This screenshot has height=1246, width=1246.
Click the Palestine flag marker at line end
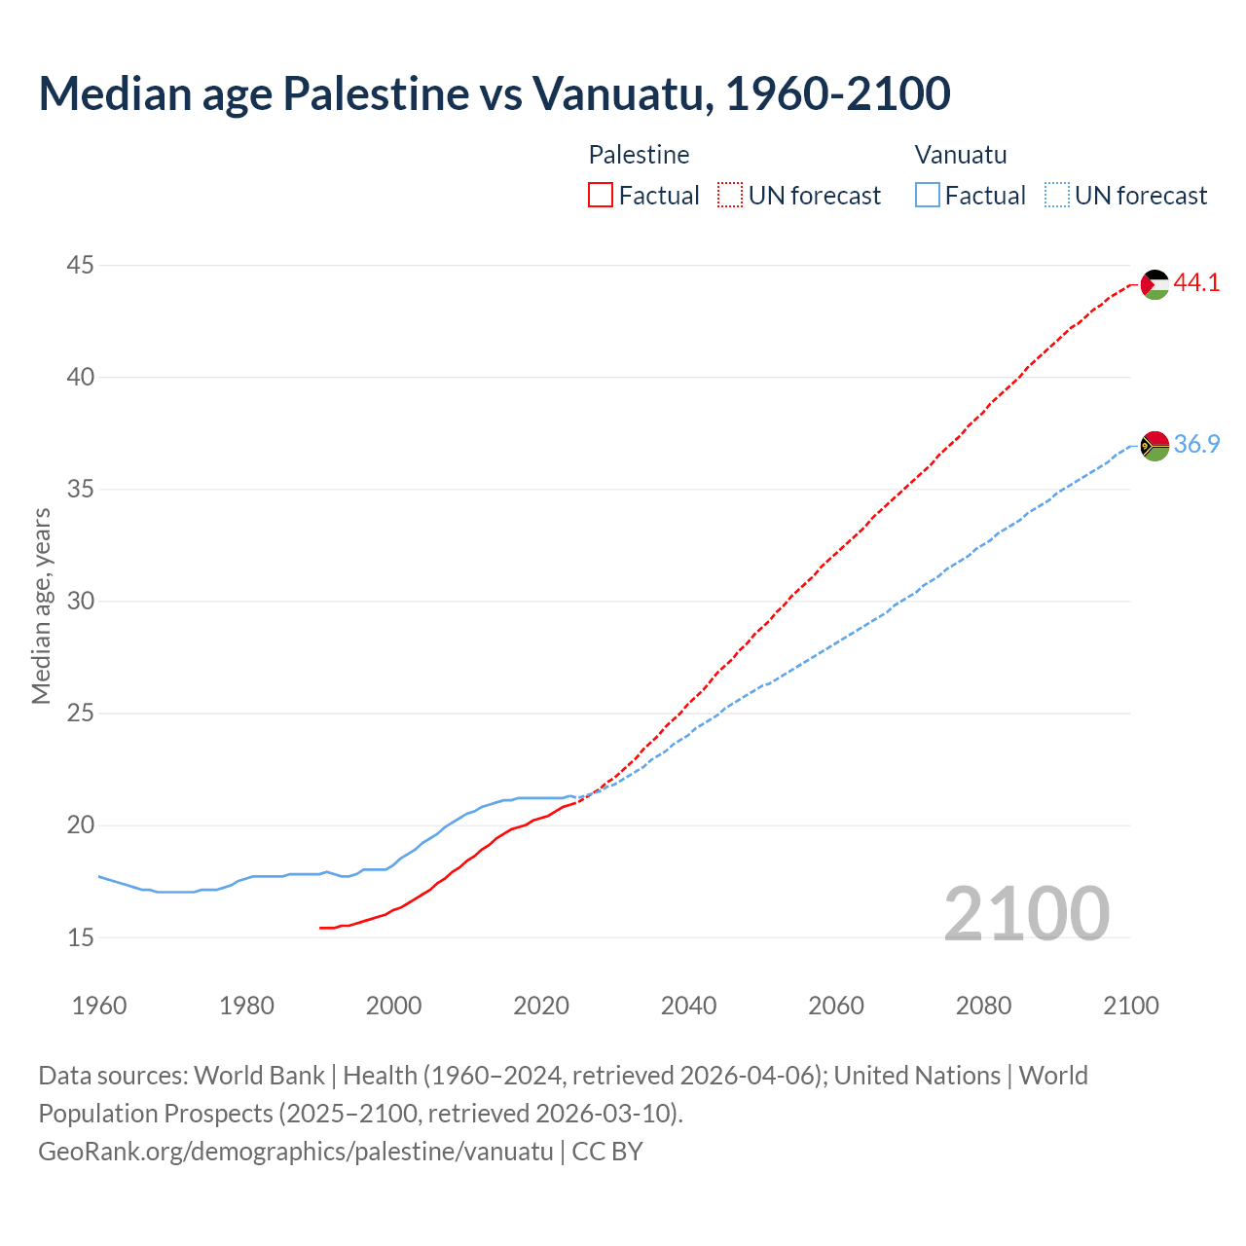pos(1154,284)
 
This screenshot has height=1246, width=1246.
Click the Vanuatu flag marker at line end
pos(1154,445)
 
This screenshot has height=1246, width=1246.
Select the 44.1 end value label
pos(1196,283)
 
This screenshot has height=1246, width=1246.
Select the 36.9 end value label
pos(1196,444)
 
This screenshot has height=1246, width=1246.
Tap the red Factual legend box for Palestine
pos(601,196)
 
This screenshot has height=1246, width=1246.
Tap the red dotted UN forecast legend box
pos(730,196)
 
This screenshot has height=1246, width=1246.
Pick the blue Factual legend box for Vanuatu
pos(928,196)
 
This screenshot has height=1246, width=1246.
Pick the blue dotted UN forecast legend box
pos(1056,196)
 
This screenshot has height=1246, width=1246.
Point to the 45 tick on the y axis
pos(81,265)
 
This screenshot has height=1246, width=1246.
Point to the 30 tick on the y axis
pos(81,601)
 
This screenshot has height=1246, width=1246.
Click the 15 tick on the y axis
pos(81,937)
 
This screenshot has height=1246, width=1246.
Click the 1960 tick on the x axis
pos(99,1006)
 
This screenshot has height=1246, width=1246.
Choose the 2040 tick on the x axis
pos(688,1006)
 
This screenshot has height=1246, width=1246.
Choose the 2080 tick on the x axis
pos(983,1006)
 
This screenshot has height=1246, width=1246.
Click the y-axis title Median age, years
pos(41,605)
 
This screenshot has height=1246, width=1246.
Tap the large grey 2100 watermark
pos(1027,913)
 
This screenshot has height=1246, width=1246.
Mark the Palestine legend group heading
pos(639,155)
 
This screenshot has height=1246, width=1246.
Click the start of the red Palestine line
pos(321,928)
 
